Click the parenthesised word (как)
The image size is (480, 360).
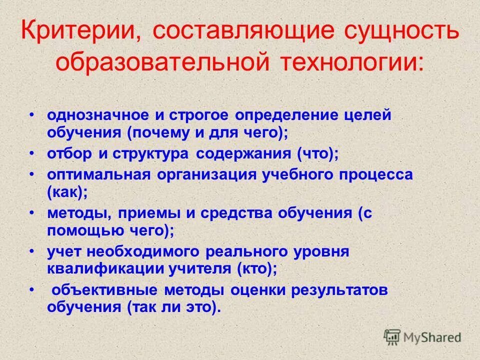tap(66, 191)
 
